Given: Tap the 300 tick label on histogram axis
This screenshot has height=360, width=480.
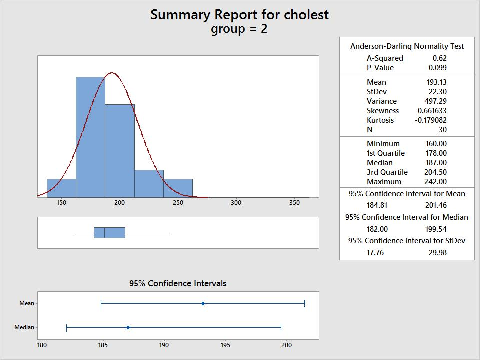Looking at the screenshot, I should click(x=236, y=203).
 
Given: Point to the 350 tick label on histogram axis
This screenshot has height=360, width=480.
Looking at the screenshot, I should click(x=294, y=203).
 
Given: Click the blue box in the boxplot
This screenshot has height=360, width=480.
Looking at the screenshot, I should click(x=109, y=233).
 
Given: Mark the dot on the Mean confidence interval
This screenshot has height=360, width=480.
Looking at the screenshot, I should click(x=203, y=303).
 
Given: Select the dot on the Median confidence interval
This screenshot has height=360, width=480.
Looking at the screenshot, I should click(x=128, y=327).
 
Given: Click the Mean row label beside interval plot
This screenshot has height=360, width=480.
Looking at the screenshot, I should click(x=27, y=303).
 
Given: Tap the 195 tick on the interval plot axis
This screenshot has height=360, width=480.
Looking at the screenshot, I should click(x=225, y=345).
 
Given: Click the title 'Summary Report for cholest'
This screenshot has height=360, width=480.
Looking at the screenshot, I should click(x=239, y=14).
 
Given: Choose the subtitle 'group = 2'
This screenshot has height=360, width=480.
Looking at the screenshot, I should click(x=239, y=29).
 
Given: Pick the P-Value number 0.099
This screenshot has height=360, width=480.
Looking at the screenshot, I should click(x=438, y=68).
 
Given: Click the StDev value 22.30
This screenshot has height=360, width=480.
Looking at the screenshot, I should click(x=438, y=92).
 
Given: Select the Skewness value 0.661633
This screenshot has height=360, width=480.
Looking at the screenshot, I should click(x=432, y=111).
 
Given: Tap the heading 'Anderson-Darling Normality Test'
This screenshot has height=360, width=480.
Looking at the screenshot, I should click(x=407, y=46).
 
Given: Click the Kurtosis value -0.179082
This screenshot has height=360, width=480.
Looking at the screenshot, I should click(x=431, y=120).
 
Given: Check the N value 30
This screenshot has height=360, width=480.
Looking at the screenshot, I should click(x=442, y=130).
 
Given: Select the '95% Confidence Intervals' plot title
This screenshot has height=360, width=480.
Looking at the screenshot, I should click(x=178, y=283).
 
